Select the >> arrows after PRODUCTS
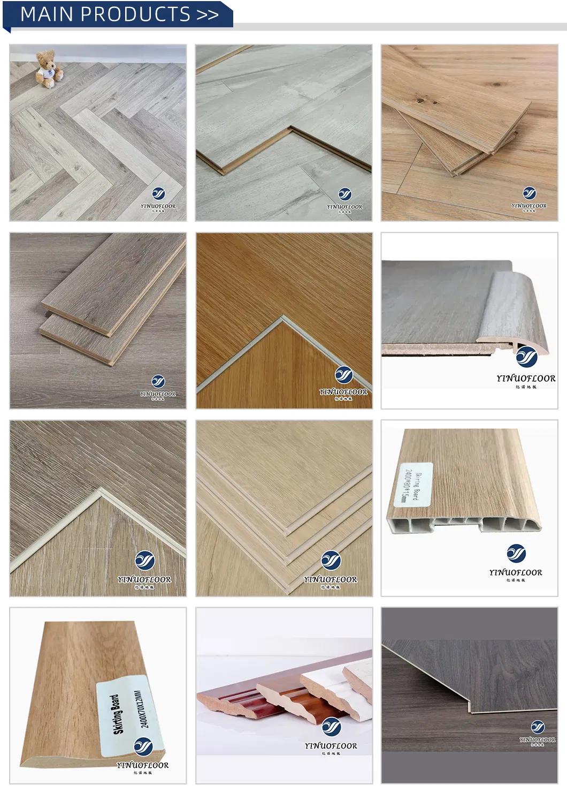click(x=208, y=14)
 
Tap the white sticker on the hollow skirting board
click(x=416, y=485)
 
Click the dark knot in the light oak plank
click(x=420, y=99)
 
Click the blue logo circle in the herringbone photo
click(x=158, y=194)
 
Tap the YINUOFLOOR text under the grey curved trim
click(x=526, y=379)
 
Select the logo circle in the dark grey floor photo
click(x=538, y=727)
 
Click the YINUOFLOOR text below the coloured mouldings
click(x=331, y=746)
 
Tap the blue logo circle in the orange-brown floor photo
click(x=343, y=375)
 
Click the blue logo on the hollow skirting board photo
click(x=516, y=553)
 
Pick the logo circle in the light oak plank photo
click(x=529, y=193)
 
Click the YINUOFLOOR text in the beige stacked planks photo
click(x=330, y=579)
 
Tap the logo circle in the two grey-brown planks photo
click(x=158, y=382)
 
